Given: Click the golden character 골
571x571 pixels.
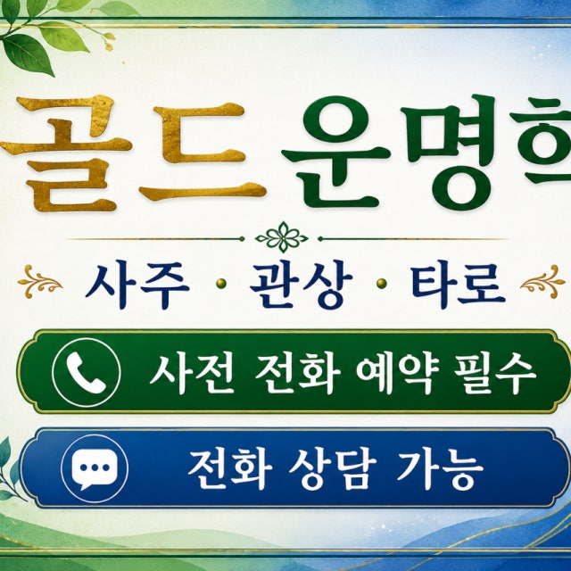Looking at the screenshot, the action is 65,153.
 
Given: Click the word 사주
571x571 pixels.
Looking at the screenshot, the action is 137,285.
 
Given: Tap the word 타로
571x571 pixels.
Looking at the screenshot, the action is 458,285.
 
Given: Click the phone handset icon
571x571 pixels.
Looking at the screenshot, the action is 86,372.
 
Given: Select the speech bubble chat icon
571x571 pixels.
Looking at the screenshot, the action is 95,468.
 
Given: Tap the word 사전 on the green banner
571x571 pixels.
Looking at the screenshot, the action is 192,373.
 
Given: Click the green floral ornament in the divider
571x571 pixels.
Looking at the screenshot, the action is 282,238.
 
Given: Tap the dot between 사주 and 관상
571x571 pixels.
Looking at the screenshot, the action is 220,284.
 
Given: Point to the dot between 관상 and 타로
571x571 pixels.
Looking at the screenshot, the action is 381,284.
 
